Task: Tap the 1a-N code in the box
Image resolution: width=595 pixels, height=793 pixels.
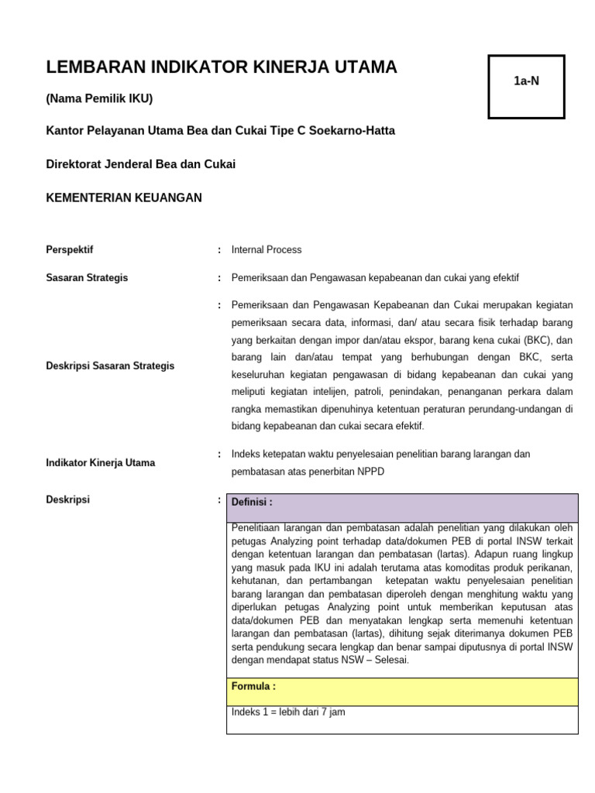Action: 526,81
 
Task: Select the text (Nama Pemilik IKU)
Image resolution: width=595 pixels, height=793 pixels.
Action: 99,98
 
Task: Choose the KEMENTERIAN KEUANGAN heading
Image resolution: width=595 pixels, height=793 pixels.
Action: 124,197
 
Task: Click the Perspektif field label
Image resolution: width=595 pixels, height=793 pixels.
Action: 70,250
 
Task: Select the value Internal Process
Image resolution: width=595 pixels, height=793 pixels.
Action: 267,250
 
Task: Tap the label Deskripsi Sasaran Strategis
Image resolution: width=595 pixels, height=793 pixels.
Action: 110,366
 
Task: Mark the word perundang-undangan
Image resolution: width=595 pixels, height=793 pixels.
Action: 514,409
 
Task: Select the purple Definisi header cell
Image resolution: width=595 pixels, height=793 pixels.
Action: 402,507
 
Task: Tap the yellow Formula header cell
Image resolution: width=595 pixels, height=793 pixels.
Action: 402,692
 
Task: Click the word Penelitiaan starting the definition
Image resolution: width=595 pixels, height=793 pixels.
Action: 259,528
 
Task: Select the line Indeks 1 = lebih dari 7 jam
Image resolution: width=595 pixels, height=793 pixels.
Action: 288,712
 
